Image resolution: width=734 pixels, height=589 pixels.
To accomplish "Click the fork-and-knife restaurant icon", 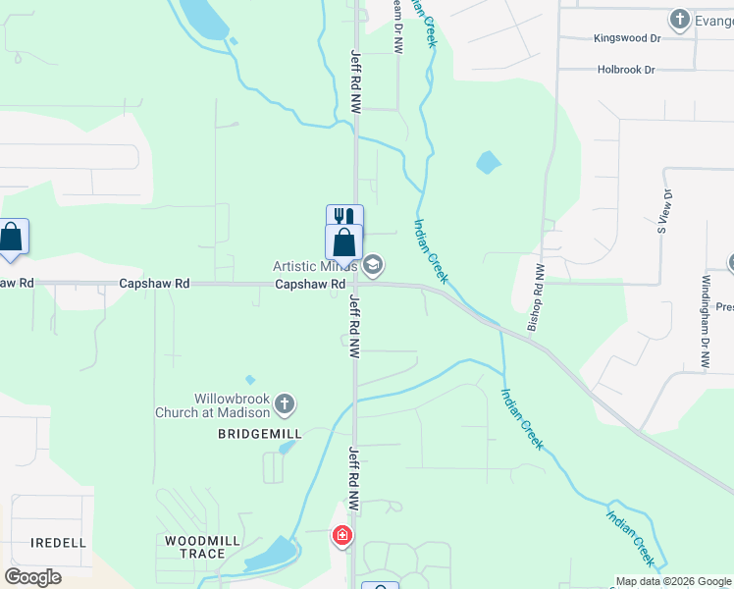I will coord(344,217).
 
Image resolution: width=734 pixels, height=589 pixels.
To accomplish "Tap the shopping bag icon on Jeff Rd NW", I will coord(344,241).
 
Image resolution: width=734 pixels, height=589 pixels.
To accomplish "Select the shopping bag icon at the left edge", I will coord(11,238).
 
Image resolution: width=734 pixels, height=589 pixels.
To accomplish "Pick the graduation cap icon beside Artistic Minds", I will coord(373,265).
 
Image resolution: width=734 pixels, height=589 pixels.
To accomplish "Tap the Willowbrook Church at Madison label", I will coord(214,406).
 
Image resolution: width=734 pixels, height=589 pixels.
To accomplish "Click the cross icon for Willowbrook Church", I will coord(285,403).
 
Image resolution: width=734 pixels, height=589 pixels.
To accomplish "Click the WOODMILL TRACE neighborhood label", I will coord(196,547).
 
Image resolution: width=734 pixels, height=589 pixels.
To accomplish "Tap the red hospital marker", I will coord(342,536).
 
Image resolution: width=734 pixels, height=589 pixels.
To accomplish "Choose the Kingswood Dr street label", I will coord(627,38).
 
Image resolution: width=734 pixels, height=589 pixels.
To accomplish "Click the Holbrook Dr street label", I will coord(626,70).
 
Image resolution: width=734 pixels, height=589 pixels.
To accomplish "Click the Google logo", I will coord(32,577).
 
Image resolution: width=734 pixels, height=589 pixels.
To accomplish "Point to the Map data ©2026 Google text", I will coord(673,581).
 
